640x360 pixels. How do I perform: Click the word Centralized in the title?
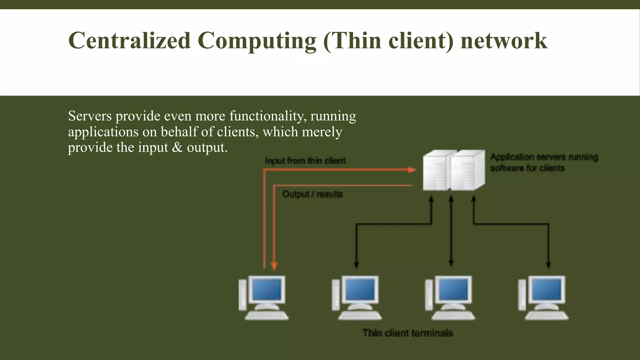pos(129,41)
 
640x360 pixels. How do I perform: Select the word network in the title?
pos(504,41)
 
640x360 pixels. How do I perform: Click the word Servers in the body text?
pos(90,116)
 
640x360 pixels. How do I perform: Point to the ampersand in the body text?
pos(177,147)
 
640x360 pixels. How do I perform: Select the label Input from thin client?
pos(305,161)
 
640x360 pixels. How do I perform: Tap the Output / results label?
pos(312,194)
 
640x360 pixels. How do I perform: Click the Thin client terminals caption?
pos(407,333)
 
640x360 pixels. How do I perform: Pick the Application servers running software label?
pos(544,162)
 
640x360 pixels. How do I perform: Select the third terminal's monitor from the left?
pos(453,289)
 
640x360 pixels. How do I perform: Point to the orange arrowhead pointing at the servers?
pos(412,170)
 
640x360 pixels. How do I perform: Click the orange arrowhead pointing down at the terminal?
pos(274,266)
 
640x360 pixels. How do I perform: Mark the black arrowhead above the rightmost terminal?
pos(548,265)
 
